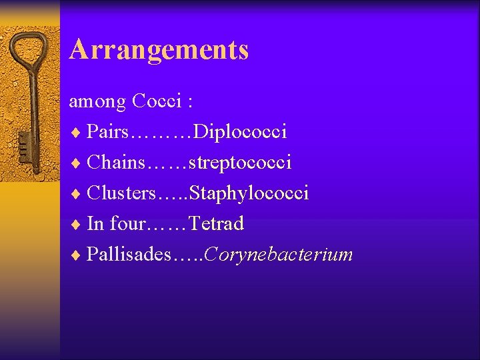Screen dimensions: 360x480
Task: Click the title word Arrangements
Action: (x=159, y=50)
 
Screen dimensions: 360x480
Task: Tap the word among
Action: (x=97, y=101)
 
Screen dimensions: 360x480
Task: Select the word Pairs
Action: (x=109, y=132)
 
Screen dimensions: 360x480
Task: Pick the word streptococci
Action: (x=241, y=162)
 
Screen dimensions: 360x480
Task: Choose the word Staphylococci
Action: (x=249, y=193)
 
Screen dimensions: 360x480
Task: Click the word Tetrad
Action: (x=217, y=223)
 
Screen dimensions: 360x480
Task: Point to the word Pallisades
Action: (x=129, y=254)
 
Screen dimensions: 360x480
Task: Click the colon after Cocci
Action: (x=191, y=103)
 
